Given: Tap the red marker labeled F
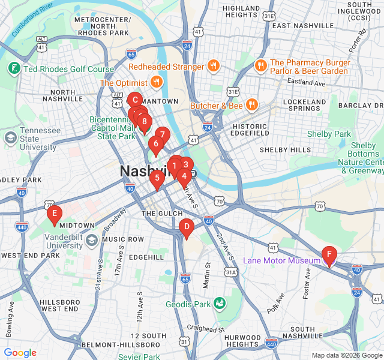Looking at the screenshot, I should [x=328, y=254].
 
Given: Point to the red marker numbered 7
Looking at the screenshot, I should [x=162, y=134].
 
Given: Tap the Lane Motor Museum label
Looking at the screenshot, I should [x=281, y=260].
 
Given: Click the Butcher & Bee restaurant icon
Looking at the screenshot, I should [x=251, y=106].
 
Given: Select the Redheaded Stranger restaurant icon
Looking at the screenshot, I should [x=213, y=67].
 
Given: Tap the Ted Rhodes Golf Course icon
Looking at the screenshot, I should [x=13, y=69].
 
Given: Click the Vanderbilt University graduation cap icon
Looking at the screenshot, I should [x=92, y=240].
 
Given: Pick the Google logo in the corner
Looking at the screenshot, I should [x=20, y=353].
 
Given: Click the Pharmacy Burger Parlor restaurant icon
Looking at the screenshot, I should [x=260, y=66].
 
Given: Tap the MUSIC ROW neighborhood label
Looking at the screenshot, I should [x=122, y=239].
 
